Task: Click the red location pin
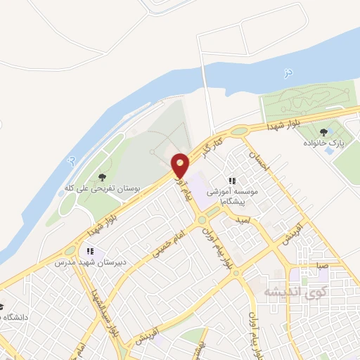pos(181,165)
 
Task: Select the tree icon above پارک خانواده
pos(323,131)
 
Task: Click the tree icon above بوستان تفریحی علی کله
pos(103,177)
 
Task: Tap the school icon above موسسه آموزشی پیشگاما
pos(233,181)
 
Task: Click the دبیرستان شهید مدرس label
pos(89,262)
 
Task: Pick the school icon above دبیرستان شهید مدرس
pos(89,250)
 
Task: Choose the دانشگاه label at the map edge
pos(14,317)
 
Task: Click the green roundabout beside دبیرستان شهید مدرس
pos(70,250)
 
